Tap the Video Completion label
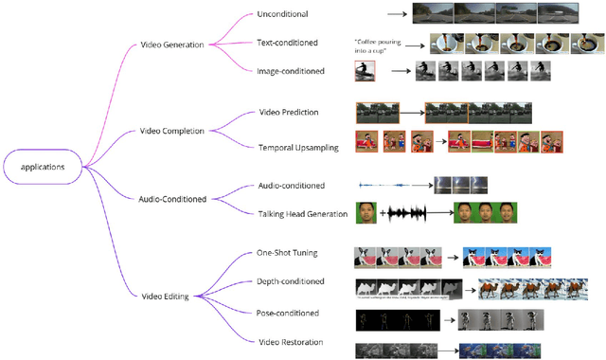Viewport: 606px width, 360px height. [x=172, y=131]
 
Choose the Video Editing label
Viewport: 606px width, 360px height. [x=164, y=297]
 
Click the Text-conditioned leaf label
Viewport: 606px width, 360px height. [x=287, y=43]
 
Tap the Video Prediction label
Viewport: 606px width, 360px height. [x=289, y=112]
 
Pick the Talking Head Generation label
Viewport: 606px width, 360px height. [x=302, y=214]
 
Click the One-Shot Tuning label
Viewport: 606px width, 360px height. [x=287, y=252]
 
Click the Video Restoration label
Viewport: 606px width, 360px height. [x=291, y=341]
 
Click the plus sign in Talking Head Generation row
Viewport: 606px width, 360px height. [x=383, y=214]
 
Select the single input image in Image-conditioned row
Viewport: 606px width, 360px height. [x=365, y=72]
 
